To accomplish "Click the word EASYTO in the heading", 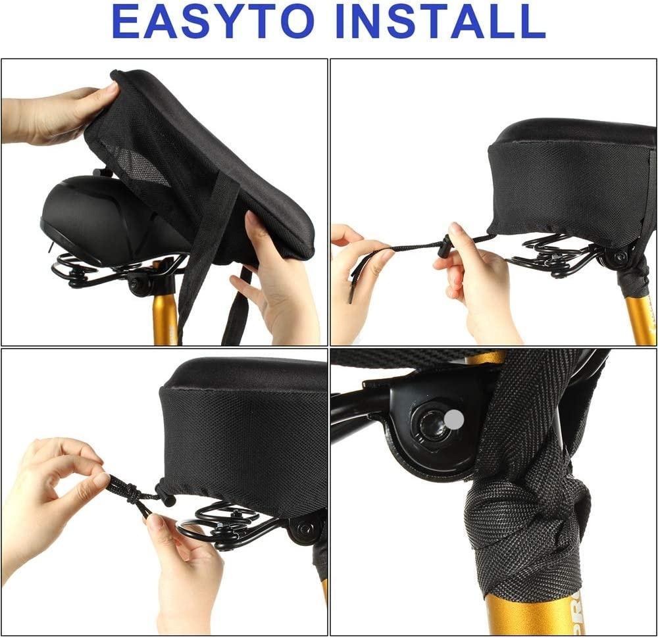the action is pyautogui.click(x=214, y=22).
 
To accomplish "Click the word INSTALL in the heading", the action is pyautogui.click(x=440, y=22).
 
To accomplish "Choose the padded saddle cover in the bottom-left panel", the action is pyautogui.click(x=243, y=436).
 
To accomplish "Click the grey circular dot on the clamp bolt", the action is pyautogui.click(x=454, y=419).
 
